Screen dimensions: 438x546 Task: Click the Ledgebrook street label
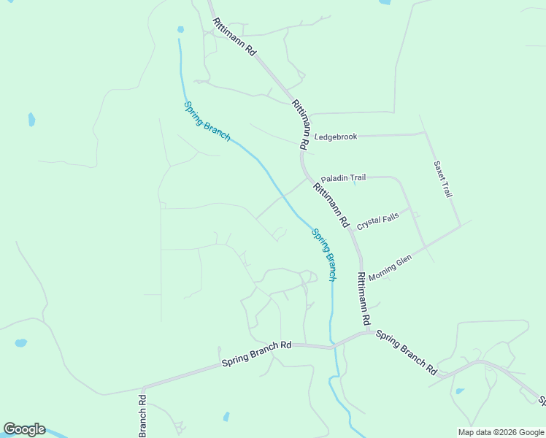coord(336,137)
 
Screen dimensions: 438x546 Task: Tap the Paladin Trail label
coord(343,177)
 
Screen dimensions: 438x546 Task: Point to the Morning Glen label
coord(391,268)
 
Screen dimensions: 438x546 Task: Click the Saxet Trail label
coord(443,180)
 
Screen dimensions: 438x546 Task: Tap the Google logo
coord(24,429)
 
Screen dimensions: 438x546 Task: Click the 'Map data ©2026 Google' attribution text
coord(501,432)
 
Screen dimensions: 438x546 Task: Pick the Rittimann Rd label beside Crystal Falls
coord(332,205)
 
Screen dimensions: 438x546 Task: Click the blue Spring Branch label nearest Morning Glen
coord(324,255)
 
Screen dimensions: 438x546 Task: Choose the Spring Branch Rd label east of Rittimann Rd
coord(406,352)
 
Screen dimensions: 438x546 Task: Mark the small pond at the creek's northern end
coord(180,30)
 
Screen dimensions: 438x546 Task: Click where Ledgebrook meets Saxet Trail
coord(424,134)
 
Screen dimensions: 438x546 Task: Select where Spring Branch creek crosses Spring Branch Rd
coord(332,346)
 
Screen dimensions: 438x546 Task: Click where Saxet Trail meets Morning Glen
coord(459,225)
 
